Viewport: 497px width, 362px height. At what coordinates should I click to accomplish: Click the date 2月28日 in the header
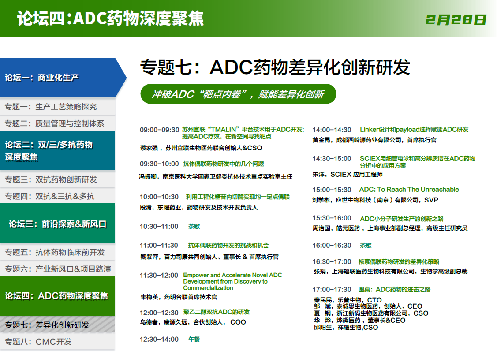(x=456, y=20)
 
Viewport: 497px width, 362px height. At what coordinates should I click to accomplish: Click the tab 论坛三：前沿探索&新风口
(x=58, y=224)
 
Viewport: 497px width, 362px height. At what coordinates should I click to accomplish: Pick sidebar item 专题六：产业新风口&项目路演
(x=58, y=269)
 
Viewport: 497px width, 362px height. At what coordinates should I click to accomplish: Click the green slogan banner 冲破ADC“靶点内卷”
(x=238, y=94)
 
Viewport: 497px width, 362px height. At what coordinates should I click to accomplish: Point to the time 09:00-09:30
(x=160, y=130)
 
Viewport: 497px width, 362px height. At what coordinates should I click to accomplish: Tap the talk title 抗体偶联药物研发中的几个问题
(x=224, y=164)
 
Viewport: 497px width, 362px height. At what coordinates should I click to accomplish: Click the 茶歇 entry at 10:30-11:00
(x=194, y=226)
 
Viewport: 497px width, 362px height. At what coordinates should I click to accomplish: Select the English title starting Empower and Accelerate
(x=232, y=281)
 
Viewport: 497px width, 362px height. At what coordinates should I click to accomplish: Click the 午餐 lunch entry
(x=194, y=339)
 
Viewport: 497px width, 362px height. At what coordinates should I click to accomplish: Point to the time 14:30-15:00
(x=332, y=158)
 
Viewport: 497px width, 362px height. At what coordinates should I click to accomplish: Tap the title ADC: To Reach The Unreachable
(x=409, y=190)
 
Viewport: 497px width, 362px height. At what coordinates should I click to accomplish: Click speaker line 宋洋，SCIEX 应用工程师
(x=348, y=174)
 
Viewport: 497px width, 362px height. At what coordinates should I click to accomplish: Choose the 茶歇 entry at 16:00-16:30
(x=366, y=245)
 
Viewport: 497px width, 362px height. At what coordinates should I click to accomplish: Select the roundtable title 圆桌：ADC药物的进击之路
(x=394, y=289)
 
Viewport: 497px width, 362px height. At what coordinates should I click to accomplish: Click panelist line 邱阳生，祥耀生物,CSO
(x=346, y=328)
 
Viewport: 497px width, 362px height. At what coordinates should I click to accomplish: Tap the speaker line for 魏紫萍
(x=209, y=257)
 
